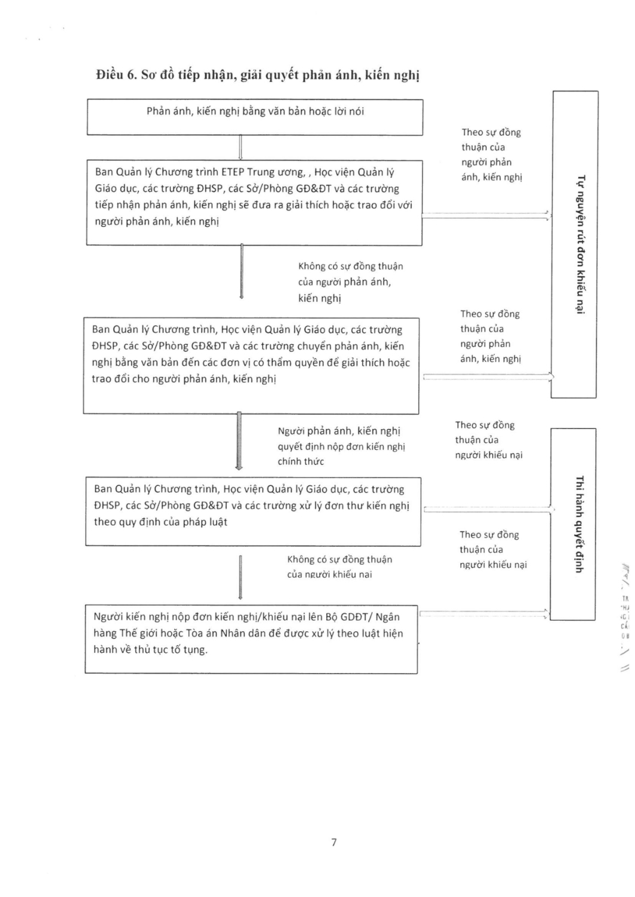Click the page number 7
tap(333, 842)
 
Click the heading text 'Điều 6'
tap(117, 75)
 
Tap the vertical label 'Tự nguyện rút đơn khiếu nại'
tap(579, 244)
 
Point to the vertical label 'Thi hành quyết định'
tap(578, 524)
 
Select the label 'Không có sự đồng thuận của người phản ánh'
tap(350, 282)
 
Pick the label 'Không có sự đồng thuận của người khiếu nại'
tap(339, 567)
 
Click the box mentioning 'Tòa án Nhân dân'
tap(251, 639)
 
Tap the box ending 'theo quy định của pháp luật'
tap(253, 512)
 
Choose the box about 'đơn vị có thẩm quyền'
tap(251, 366)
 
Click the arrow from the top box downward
tap(240, 147)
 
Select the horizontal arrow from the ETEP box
tap(485, 216)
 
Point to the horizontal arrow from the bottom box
tap(484, 613)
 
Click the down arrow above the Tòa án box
tap(240, 577)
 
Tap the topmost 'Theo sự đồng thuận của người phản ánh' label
tap(491, 154)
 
